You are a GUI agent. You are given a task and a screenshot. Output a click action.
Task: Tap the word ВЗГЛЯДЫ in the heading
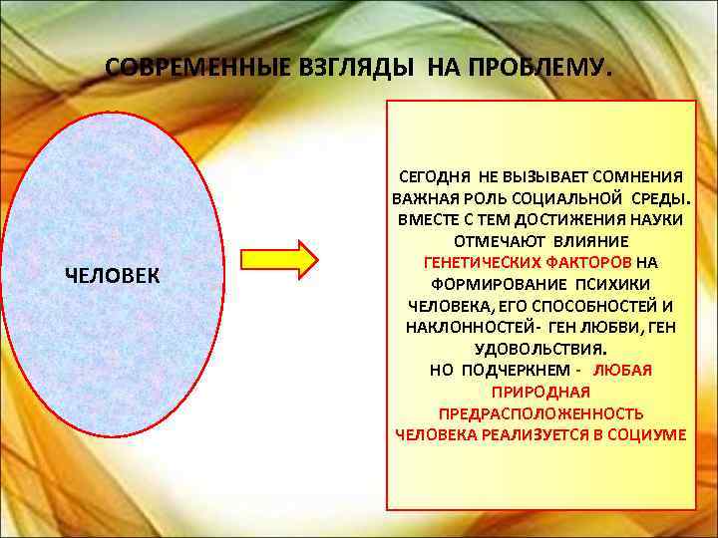344,69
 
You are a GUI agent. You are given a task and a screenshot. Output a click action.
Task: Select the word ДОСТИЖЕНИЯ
547,218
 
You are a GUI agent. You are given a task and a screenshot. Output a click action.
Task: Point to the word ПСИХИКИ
598,283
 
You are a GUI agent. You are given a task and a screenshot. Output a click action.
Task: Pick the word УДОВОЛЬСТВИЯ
539,349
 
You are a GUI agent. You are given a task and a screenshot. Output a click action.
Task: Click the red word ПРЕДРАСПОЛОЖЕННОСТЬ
540,413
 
